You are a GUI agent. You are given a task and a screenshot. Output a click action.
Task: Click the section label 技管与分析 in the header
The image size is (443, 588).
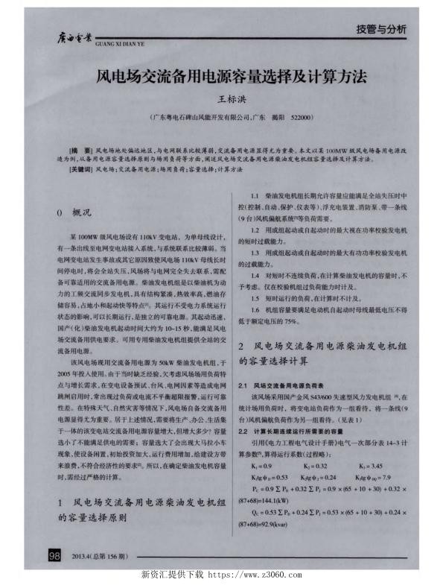380,29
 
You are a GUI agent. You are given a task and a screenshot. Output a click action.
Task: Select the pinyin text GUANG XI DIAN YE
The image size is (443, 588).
117,45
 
